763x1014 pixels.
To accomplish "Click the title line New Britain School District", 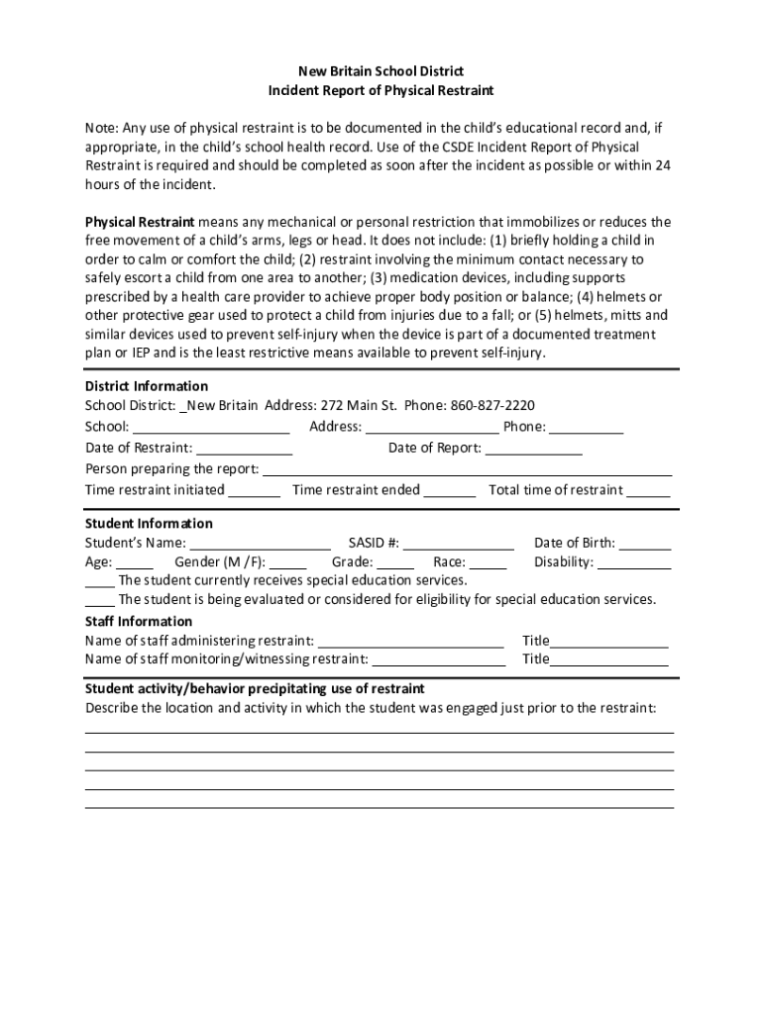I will pyautogui.click(x=381, y=71).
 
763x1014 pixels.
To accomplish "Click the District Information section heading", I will pyautogui.click(x=147, y=386).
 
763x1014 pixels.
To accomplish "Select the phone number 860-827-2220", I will pyautogui.click(x=492, y=406).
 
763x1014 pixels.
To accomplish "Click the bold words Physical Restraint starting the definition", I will pyautogui.click(x=140, y=222).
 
